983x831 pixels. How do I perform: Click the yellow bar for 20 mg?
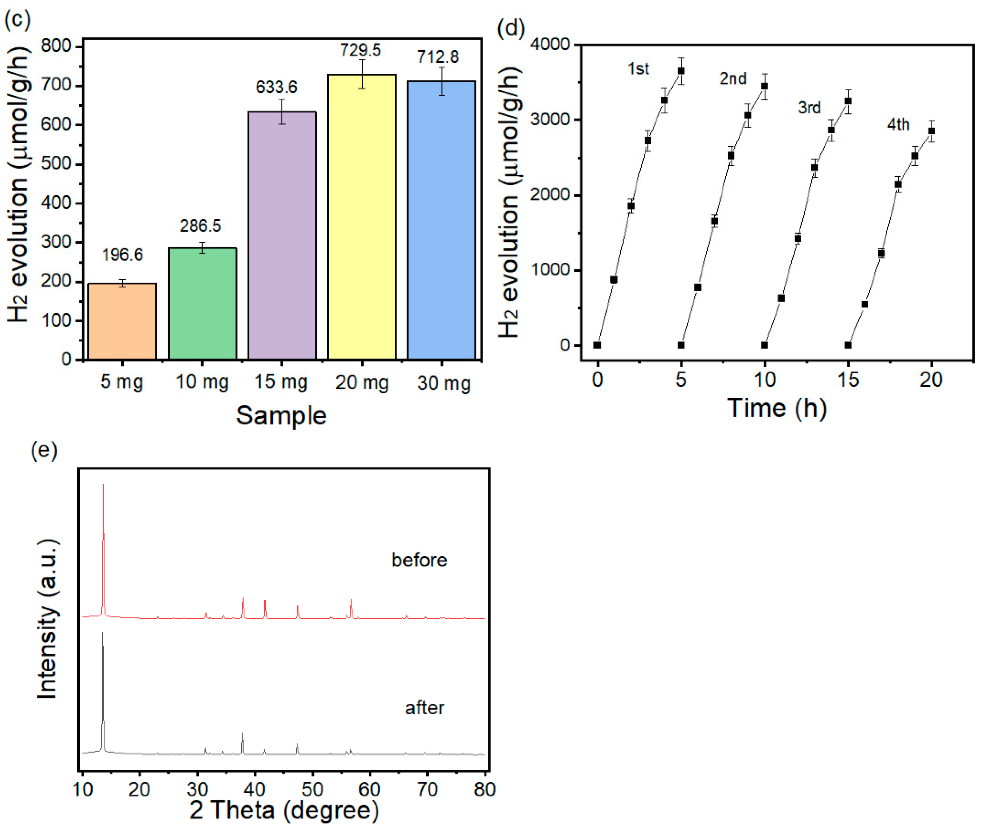(361, 217)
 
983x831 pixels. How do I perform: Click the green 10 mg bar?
(202, 304)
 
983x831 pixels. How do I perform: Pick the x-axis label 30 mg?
(443, 383)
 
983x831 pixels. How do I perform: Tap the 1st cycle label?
(638, 69)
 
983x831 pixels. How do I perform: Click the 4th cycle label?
(898, 125)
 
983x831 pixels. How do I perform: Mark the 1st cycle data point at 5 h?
(681, 71)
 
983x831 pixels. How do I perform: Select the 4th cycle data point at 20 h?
(931, 131)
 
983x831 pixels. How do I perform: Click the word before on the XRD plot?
(419, 560)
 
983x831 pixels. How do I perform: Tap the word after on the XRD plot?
(424, 708)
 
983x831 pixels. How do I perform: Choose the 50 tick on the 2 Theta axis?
(312, 789)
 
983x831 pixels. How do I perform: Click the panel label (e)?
(44, 450)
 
